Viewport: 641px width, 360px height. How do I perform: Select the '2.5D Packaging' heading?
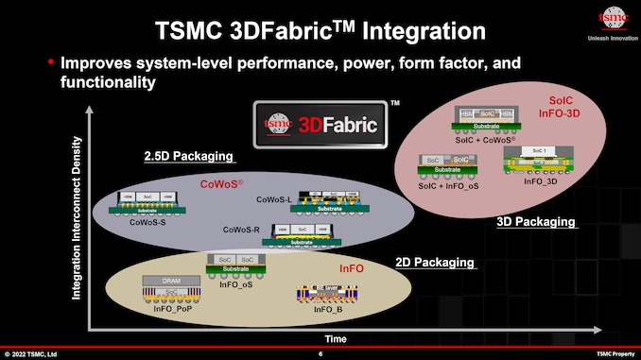tap(188, 156)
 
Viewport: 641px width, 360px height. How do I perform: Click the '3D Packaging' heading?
tap(536, 222)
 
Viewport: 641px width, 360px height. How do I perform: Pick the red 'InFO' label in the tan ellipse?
tap(352, 268)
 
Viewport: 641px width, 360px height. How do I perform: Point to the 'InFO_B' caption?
tap(327, 309)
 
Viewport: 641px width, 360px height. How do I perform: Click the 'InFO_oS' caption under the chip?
tap(236, 283)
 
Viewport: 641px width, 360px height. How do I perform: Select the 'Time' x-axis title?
tap(337, 337)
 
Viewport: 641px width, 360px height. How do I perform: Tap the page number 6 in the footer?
tap(320, 353)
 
